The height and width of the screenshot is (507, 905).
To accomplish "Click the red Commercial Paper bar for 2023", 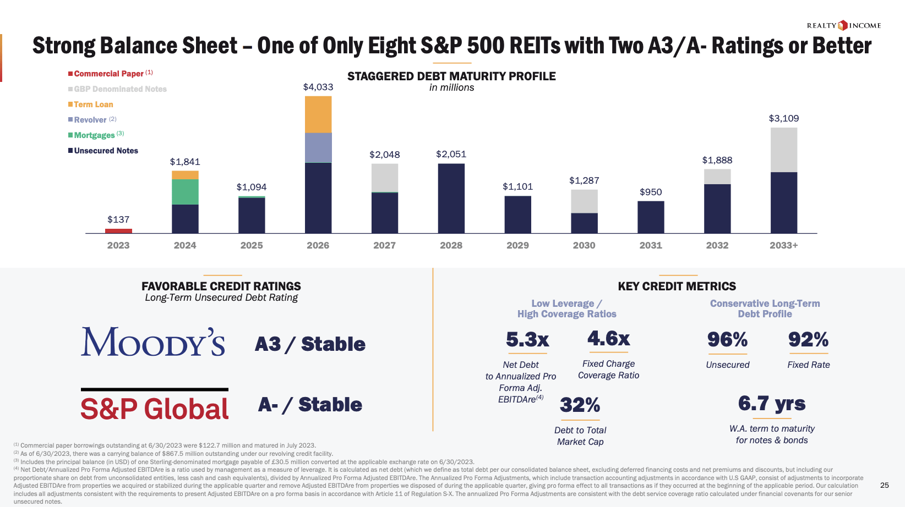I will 118,231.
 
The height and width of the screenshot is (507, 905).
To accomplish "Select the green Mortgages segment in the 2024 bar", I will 185,192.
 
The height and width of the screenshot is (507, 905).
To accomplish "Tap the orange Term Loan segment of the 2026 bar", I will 318,114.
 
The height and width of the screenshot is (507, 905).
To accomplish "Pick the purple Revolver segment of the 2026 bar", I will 318,147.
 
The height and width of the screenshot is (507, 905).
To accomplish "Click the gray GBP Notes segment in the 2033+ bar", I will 783,150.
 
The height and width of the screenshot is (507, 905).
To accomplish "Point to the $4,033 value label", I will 318,87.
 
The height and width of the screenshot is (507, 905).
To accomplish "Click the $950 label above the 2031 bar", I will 651,192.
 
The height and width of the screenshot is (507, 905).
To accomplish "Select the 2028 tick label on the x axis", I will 451,245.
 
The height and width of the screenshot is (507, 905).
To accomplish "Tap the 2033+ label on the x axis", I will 783,245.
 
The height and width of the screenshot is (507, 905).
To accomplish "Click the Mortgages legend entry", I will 94,135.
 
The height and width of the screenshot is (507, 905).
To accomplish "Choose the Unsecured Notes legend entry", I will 106,151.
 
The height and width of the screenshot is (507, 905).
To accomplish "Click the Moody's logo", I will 153,342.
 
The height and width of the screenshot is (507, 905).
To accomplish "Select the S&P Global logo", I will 154,409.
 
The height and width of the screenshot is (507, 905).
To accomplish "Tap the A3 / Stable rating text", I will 310,344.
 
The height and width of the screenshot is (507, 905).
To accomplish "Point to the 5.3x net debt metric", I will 527,340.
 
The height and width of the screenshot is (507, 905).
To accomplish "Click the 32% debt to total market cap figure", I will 580,406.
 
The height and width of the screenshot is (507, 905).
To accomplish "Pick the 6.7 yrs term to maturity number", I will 771,404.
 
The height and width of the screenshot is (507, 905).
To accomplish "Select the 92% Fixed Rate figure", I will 808,340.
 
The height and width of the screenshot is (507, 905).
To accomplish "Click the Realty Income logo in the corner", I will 844,25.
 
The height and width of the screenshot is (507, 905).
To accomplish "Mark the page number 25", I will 884,485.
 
